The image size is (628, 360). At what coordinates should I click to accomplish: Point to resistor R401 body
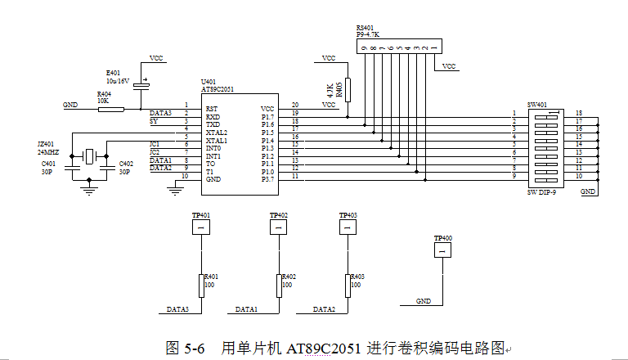200,286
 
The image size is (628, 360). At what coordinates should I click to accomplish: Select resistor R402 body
279,286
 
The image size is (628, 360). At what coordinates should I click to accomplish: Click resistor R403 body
348,286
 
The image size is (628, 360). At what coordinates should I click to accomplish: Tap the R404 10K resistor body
110,108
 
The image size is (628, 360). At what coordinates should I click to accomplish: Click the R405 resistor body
348,89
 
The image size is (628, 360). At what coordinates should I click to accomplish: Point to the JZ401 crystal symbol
89,155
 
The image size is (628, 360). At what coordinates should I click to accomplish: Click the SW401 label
537,105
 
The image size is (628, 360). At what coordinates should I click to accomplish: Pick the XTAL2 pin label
217,132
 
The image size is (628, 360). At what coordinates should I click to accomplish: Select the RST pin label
211,108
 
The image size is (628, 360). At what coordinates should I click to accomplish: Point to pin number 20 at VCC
294,104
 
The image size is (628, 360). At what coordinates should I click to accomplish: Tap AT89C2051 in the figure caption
325,348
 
